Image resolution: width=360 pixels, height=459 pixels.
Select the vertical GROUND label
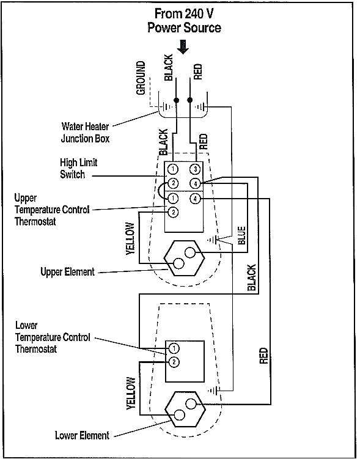click(x=141, y=78)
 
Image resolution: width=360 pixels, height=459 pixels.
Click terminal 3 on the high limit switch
click(x=194, y=169)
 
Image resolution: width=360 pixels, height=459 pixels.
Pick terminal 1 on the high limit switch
click(x=173, y=169)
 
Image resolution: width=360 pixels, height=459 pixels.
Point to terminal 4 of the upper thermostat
click(x=194, y=198)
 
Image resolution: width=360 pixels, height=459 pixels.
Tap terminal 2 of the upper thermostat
click(x=173, y=212)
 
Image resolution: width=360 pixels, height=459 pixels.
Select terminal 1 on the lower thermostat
click(x=174, y=348)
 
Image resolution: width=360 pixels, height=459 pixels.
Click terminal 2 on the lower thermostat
click(x=174, y=362)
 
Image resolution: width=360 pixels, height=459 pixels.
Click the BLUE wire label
click(x=241, y=235)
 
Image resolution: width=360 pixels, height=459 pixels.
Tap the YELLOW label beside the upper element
click(x=130, y=239)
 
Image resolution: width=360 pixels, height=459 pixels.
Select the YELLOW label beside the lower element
click(x=130, y=393)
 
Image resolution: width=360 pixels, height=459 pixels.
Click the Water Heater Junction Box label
click(x=85, y=133)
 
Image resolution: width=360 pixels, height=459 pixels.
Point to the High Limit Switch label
click(x=78, y=169)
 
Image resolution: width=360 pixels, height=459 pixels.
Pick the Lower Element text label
click(x=82, y=436)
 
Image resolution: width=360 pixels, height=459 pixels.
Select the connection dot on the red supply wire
click(x=190, y=99)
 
